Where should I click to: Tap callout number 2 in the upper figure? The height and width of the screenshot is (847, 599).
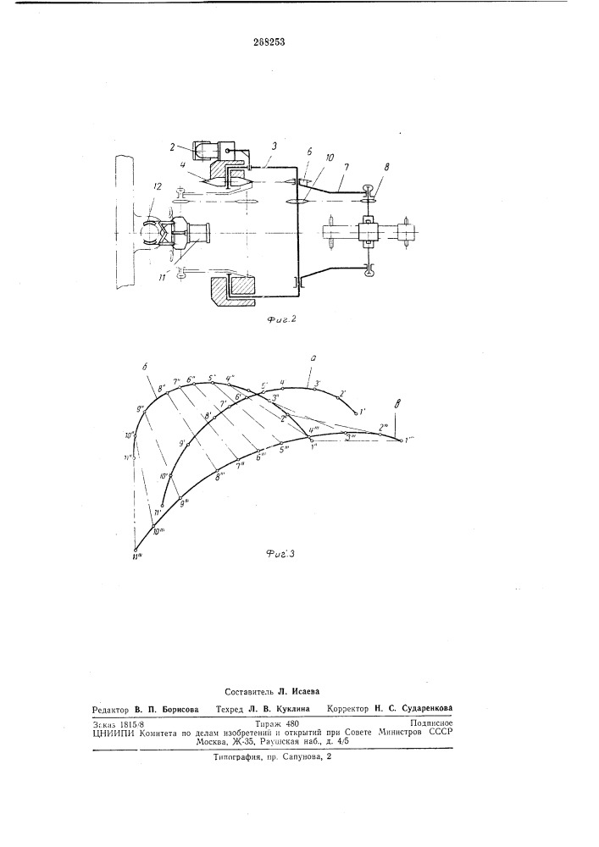pos(172,146)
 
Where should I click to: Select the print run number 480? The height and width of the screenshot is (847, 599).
pos(291,722)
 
